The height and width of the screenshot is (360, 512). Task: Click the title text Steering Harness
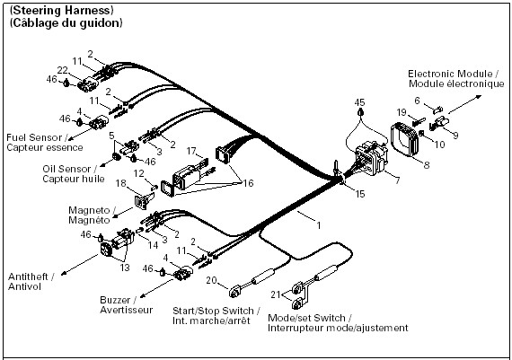62,11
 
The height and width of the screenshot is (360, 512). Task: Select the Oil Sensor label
66,169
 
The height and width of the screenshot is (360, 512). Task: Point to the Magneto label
89,210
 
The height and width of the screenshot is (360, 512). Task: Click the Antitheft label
28,277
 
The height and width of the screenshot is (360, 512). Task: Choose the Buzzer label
115,300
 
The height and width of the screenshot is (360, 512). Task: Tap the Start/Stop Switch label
213,311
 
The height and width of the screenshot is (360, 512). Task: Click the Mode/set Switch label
306,318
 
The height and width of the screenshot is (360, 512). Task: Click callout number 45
359,102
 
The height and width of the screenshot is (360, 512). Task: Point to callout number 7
397,180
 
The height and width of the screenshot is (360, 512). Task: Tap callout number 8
427,165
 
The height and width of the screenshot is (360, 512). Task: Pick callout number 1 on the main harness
319,225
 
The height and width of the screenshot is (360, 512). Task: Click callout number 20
211,280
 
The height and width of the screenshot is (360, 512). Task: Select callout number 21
275,294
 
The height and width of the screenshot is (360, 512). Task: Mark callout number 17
191,151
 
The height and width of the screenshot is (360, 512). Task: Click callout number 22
62,70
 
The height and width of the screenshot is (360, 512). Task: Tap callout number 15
359,194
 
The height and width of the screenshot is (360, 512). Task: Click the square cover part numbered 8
405,139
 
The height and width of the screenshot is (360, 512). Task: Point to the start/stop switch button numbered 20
234,292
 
